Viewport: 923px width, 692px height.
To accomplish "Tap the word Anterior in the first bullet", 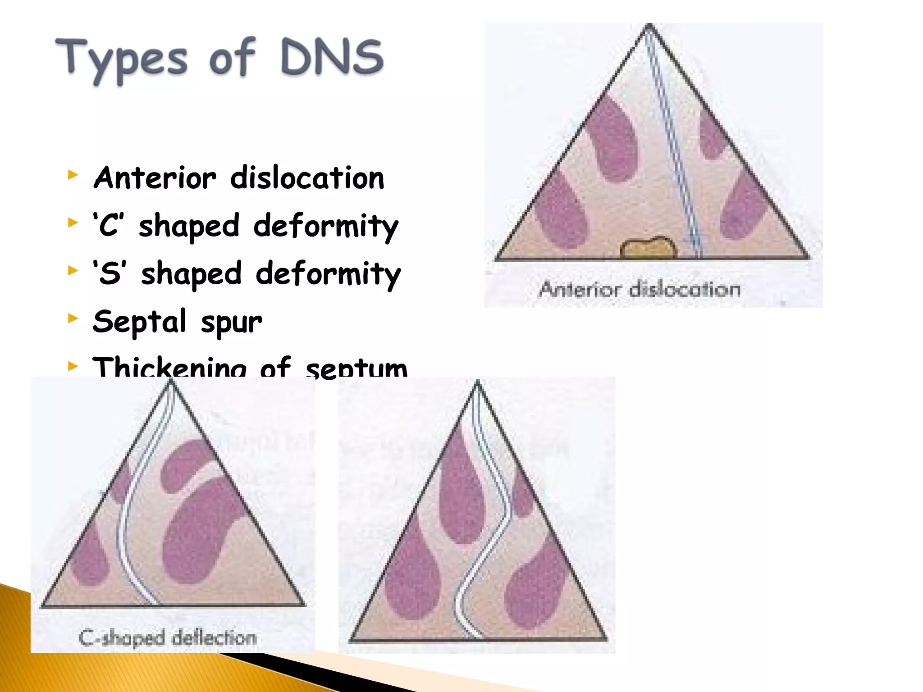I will [155, 178].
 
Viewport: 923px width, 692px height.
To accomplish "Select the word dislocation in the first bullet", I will [307, 178].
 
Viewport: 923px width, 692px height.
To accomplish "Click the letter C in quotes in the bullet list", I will [109, 225].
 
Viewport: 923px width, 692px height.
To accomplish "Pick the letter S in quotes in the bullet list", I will [110, 273].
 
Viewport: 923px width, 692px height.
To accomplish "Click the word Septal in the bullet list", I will [139, 322].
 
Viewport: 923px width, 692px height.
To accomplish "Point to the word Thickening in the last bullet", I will [169, 367].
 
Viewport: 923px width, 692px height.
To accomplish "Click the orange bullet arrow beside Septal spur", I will [73, 319].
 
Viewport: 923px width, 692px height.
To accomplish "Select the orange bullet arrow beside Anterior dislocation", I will [73, 174].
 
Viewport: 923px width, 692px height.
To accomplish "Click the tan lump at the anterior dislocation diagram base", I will [648, 247].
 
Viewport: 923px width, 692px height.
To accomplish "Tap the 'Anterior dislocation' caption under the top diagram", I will [640, 289].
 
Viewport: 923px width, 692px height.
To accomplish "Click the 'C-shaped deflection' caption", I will [168, 637].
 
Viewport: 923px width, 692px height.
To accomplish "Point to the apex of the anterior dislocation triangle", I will [649, 26].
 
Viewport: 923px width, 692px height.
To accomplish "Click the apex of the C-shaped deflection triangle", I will [171, 382].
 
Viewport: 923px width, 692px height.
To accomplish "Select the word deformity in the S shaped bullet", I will [328, 274].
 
